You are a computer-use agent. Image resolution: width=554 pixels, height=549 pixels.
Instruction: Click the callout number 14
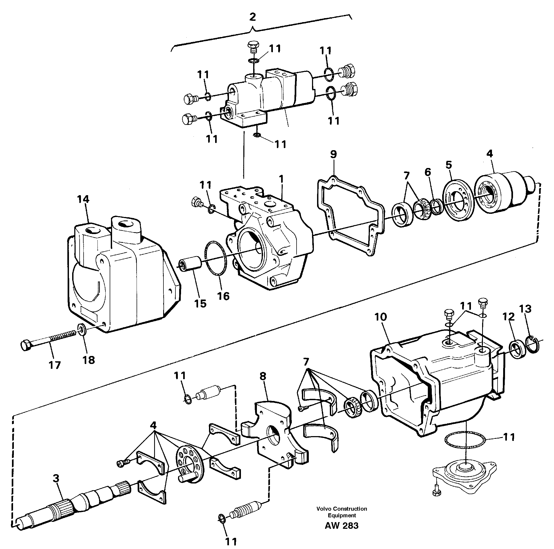click(x=83, y=199)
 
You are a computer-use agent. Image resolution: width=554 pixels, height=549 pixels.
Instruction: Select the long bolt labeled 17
click(x=49, y=340)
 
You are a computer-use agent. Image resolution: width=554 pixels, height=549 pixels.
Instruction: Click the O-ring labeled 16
click(x=216, y=258)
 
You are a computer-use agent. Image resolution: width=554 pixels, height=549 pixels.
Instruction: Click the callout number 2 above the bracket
click(x=252, y=17)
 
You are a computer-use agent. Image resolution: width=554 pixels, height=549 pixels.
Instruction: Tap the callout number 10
click(x=380, y=317)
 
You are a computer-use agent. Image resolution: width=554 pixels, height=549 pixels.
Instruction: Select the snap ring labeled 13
click(x=533, y=344)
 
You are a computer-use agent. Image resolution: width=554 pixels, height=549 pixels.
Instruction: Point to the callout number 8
click(x=263, y=375)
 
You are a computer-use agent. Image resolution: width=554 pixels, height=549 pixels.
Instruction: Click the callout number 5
click(x=449, y=165)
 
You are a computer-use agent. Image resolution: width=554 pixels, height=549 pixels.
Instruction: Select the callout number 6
click(x=428, y=172)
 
